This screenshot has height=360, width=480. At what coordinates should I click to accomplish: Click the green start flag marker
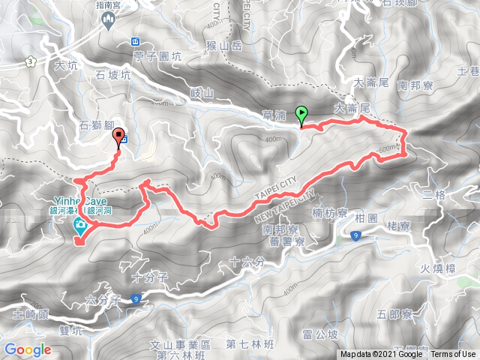pos(302,115)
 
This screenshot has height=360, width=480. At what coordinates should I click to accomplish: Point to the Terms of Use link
pos(453,355)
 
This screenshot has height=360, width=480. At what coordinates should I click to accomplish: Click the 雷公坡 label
pos(322,334)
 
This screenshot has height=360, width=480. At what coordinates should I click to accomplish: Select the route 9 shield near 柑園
pos(355,237)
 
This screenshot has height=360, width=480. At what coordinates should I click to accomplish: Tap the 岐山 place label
pos(202,92)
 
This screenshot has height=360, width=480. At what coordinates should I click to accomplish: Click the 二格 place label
pos(434,195)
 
